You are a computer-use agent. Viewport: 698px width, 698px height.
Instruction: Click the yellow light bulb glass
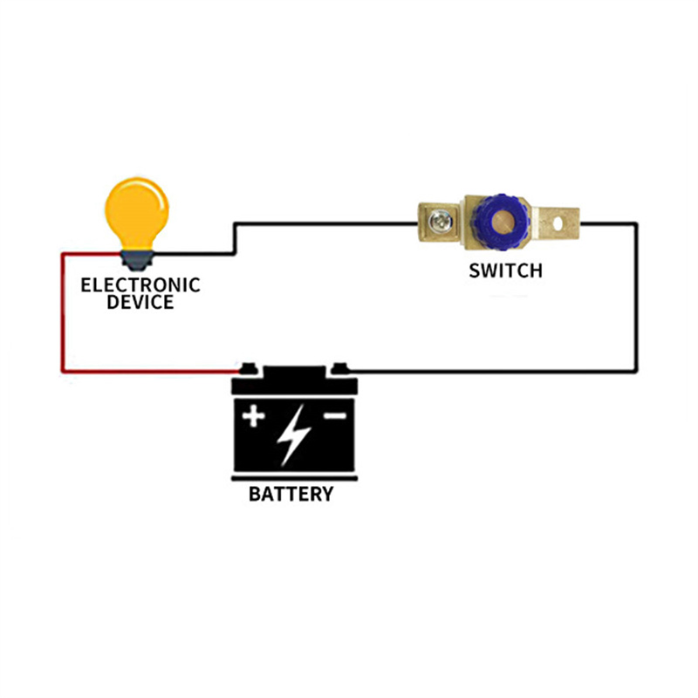[x=137, y=214]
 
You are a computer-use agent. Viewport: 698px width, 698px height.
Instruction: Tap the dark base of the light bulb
[x=137, y=260]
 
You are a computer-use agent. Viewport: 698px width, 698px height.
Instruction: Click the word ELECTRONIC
[x=140, y=285]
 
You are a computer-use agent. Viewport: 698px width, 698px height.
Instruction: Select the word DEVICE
[x=140, y=302]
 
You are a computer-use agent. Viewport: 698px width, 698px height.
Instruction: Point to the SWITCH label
[x=506, y=270]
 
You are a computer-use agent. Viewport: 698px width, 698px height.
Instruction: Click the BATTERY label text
[x=291, y=494]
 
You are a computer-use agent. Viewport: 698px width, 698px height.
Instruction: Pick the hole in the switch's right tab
[x=558, y=223]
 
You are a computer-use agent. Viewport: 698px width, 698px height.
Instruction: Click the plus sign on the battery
[x=253, y=416]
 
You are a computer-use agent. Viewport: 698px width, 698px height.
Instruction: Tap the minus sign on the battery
[x=335, y=416]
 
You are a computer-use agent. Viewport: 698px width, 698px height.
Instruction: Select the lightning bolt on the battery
[x=293, y=435]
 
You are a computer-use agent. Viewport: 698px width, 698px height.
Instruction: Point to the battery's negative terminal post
[x=340, y=369]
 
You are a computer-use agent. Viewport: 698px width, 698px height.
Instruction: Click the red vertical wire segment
[x=63, y=312]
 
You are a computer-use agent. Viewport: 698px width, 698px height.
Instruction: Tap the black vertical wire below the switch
[x=636, y=298]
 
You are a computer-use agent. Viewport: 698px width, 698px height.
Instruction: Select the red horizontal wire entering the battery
[x=151, y=370]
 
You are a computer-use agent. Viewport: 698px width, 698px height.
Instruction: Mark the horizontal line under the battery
[x=294, y=478]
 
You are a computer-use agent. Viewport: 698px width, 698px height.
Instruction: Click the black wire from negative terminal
[x=492, y=370]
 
